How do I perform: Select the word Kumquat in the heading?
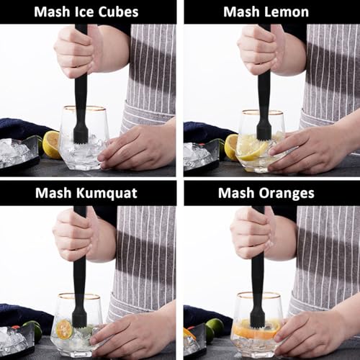click(107, 193)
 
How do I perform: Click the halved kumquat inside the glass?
click(64, 329)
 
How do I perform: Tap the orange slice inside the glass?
click(257, 330)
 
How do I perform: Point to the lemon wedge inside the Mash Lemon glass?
click(253, 150)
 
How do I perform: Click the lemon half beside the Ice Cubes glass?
click(51, 145)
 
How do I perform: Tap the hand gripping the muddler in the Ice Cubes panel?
click(76, 52)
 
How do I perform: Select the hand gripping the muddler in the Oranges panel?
click(253, 234)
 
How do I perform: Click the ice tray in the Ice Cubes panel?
click(19, 153)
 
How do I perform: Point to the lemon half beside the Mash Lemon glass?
click(231, 147)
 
